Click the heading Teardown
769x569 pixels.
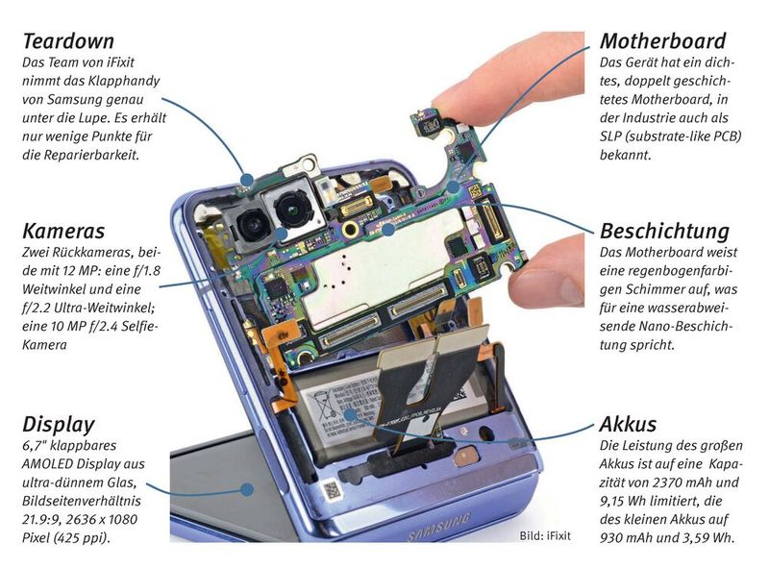click(68, 41)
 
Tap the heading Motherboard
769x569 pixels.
click(662, 41)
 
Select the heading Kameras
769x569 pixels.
click(63, 231)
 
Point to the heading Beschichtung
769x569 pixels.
click(664, 232)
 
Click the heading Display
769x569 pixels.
click(59, 425)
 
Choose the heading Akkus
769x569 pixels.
click(628, 424)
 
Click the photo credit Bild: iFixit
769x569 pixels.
click(545, 535)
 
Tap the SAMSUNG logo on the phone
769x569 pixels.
click(439, 527)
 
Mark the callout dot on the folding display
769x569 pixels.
click(247, 489)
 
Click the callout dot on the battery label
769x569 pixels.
click(350, 416)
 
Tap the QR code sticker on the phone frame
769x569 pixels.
click(332, 490)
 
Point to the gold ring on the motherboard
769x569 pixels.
click(350, 228)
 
